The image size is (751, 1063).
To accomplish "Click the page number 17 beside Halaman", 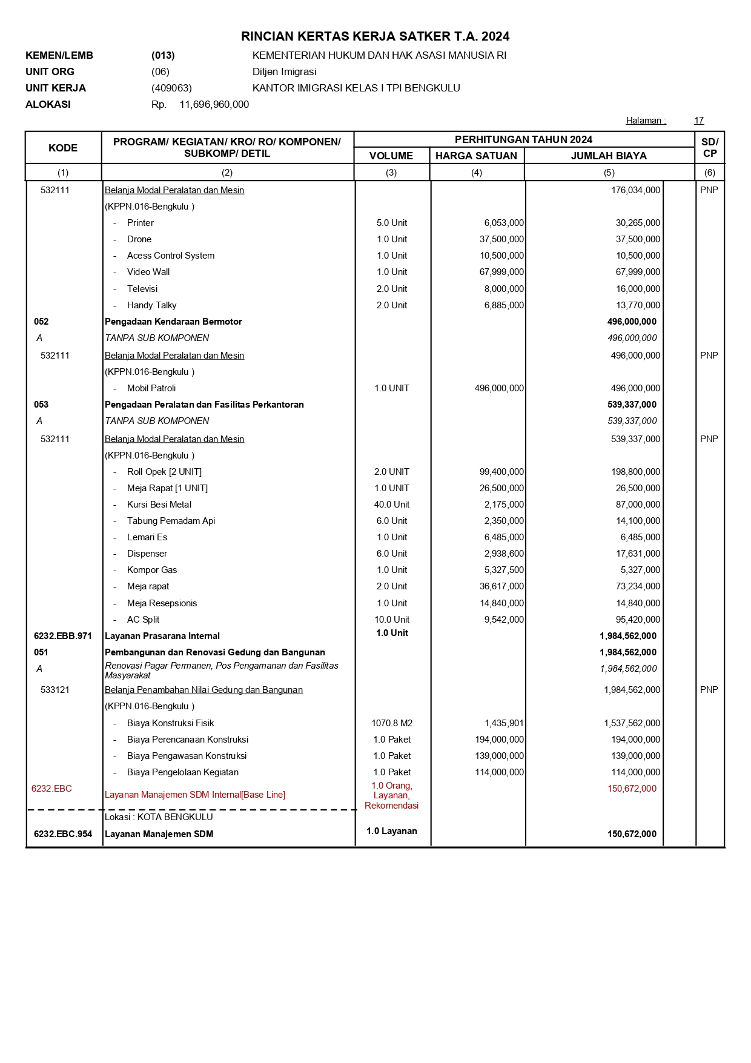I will coord(698,121).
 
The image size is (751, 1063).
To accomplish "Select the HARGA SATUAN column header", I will coord(476,156).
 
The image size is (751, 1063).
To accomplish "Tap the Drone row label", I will coord(139,239).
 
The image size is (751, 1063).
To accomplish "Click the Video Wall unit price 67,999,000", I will coord(501,272).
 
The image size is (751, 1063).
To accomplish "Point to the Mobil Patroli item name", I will coord(151,388).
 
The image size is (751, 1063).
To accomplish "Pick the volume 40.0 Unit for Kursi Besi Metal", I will coord(392,505).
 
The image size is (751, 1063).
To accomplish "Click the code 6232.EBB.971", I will coord(63,636).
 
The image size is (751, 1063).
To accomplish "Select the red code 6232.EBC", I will coord(51,789).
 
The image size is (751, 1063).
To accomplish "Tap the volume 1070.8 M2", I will coord(392,723).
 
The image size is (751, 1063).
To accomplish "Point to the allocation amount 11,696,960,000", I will coord(214,104).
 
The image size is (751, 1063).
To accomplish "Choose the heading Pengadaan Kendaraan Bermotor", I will coord(173,322).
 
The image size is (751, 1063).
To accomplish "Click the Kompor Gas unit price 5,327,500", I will coord(504,570).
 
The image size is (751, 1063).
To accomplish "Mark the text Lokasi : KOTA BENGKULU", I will coord(159,817).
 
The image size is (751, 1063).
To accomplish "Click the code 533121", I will coord(55,690).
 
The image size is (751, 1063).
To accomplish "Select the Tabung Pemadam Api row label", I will coord(171,521).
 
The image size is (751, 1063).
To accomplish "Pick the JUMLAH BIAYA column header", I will coord(609,156).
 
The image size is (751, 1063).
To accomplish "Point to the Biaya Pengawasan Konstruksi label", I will coord(187,756).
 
